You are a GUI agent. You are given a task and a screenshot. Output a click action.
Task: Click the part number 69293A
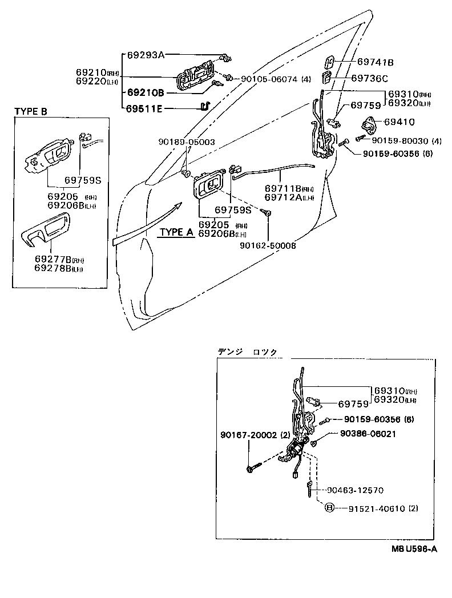[145, 55]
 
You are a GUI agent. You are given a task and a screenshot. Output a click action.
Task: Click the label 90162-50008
[268, 246]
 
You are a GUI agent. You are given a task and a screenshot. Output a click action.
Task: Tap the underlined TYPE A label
[176, 232]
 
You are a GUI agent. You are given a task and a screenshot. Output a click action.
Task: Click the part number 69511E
[145, 108]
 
